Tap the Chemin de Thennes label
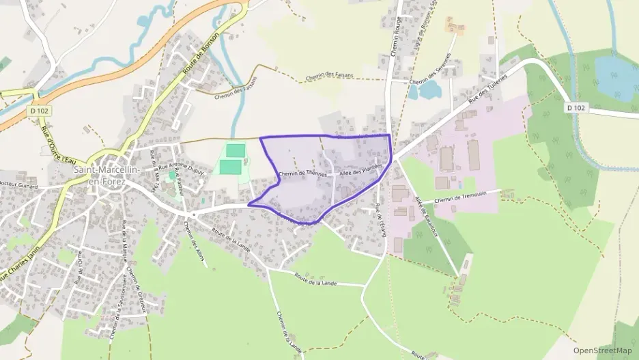[303, 174]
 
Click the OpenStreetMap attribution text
[602, 350]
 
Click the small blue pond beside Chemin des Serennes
[429, 89]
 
